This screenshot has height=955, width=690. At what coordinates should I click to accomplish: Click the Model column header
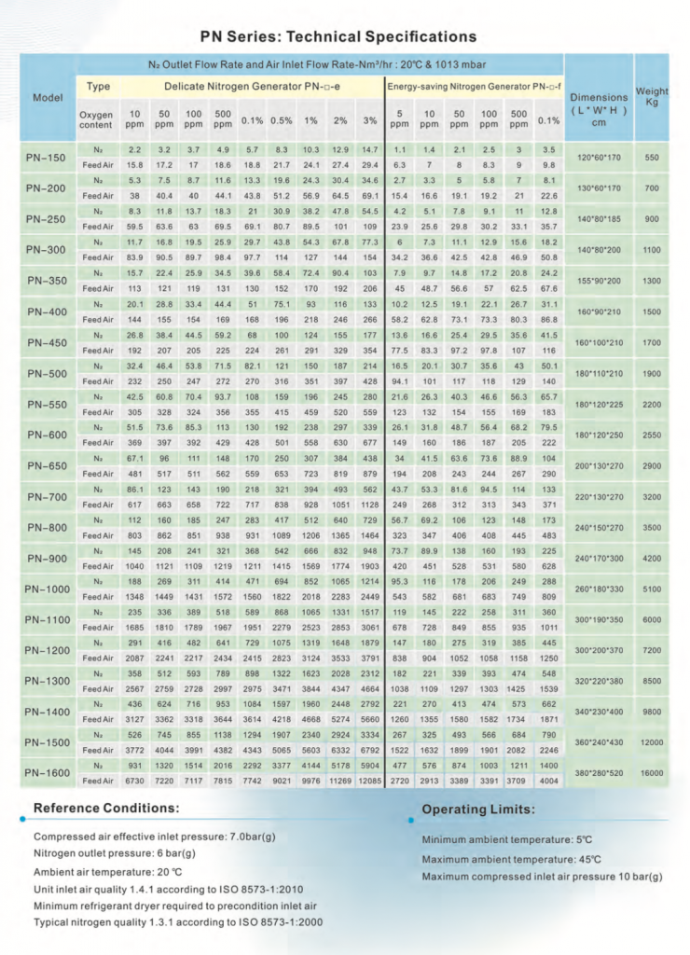click(48, 97)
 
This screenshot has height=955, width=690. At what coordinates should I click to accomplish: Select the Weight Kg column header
click(652, 97)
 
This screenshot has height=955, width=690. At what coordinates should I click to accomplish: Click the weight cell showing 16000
click(652, 773)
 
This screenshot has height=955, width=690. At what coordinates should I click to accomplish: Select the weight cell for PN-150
click(652, 158)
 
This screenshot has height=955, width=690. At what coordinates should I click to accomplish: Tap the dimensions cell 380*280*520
click(600, 773)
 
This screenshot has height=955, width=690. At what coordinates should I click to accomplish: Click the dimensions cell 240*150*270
click(600, 527)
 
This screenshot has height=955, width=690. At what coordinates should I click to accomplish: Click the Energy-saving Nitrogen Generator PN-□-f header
click(473, 87)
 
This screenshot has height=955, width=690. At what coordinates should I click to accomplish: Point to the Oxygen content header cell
click(96, 118)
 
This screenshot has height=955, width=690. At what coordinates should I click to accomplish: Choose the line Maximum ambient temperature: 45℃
click(511, 858)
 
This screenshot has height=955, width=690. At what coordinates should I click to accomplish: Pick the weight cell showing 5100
click(652, 588)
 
